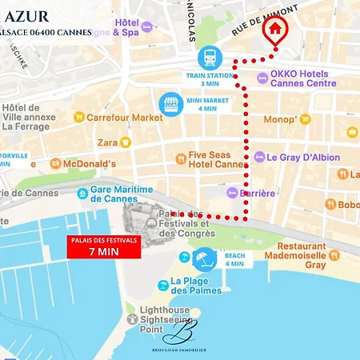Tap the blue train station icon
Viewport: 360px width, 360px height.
point(210,58)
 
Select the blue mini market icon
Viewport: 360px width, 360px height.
point(171,104)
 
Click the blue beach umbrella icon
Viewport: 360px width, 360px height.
point(205,258)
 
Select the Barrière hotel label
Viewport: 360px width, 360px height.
point(254,193)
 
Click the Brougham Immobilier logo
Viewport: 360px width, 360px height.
point(179,336)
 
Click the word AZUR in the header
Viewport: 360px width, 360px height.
point(26,16)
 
